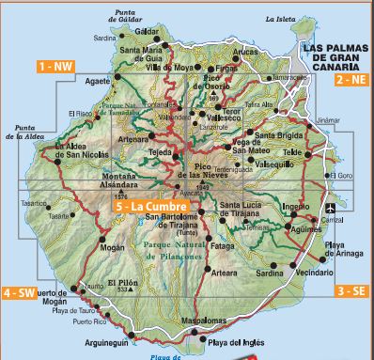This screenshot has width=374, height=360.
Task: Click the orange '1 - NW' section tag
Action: tap(55, 66)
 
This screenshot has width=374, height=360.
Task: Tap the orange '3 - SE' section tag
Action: tap(350, 290)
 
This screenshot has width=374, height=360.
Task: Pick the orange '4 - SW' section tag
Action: tap(20, 291)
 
